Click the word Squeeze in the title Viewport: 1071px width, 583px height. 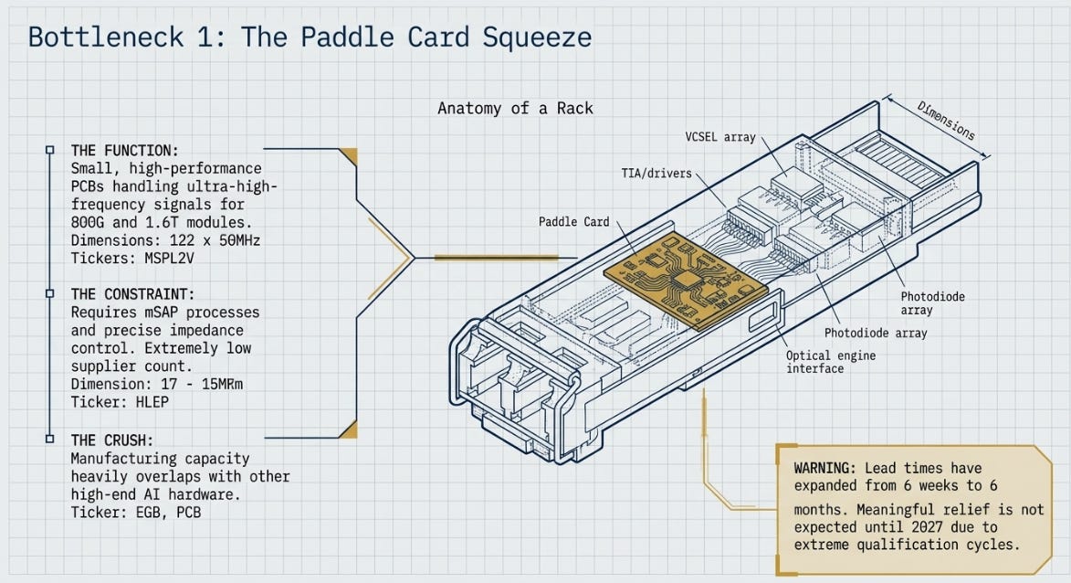537,37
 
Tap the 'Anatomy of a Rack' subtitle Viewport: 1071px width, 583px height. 515,108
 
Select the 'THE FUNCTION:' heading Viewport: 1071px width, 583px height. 124,151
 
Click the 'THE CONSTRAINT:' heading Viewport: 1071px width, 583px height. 132,294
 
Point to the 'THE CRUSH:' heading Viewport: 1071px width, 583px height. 112,440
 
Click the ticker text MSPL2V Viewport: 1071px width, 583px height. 170,259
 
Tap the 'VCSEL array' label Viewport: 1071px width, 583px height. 719,137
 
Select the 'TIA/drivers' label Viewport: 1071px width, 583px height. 656,174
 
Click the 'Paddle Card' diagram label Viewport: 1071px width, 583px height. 573,221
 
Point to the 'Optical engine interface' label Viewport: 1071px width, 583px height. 831,362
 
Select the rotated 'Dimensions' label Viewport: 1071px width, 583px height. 945,121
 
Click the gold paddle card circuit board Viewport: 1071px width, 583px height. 686,281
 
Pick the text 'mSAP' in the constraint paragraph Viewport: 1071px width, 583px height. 161,313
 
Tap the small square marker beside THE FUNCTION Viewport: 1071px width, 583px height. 49,150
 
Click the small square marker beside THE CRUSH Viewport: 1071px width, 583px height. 49,438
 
